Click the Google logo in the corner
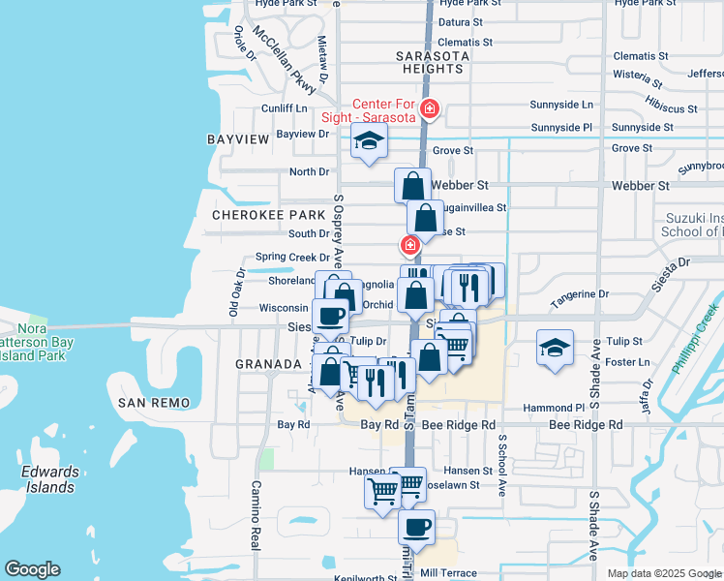coord(32,569)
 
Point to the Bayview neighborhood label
coord(237,139)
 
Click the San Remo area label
coord(150,402)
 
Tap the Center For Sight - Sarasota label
coord(382,110)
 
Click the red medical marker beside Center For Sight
coord(429,110)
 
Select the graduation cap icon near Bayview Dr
coord(369,140)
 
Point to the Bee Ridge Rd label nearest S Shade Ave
coord(586,425)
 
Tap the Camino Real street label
coord(256,513)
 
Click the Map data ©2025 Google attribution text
coord(664,573)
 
